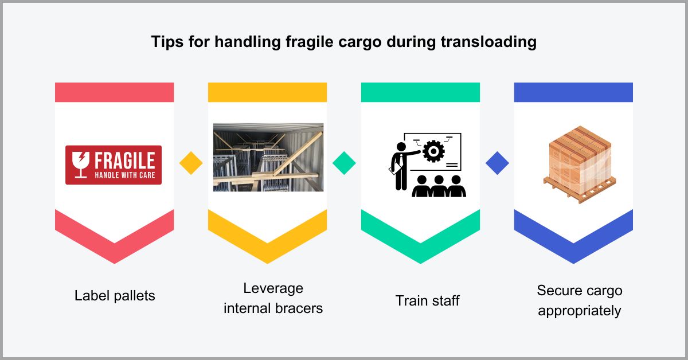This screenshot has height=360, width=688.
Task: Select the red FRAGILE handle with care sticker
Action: coord(114,165)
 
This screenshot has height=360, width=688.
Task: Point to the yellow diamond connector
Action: coord(191,163)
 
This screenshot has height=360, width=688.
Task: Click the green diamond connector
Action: coord(344,163)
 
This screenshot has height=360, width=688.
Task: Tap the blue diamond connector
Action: coord(497,163)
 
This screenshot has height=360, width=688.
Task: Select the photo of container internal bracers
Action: coord(268,156)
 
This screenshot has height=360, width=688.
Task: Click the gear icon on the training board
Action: coord(433,152)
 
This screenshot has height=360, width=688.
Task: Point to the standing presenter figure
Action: coord(400,163)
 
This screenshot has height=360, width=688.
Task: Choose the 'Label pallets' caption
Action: coord(115,296)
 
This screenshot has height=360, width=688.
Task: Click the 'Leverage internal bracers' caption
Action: coord(273,298)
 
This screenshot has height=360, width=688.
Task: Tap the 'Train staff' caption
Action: coord(427,300)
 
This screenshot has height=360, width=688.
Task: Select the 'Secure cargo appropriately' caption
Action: coord(579,300)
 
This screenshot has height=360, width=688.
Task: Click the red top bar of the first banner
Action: coord(114,92)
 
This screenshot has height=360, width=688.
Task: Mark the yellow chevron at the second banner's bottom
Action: coord(267,241)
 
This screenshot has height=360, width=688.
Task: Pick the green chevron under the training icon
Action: coord(420,241)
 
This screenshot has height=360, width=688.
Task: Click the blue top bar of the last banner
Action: coord(573,92)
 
